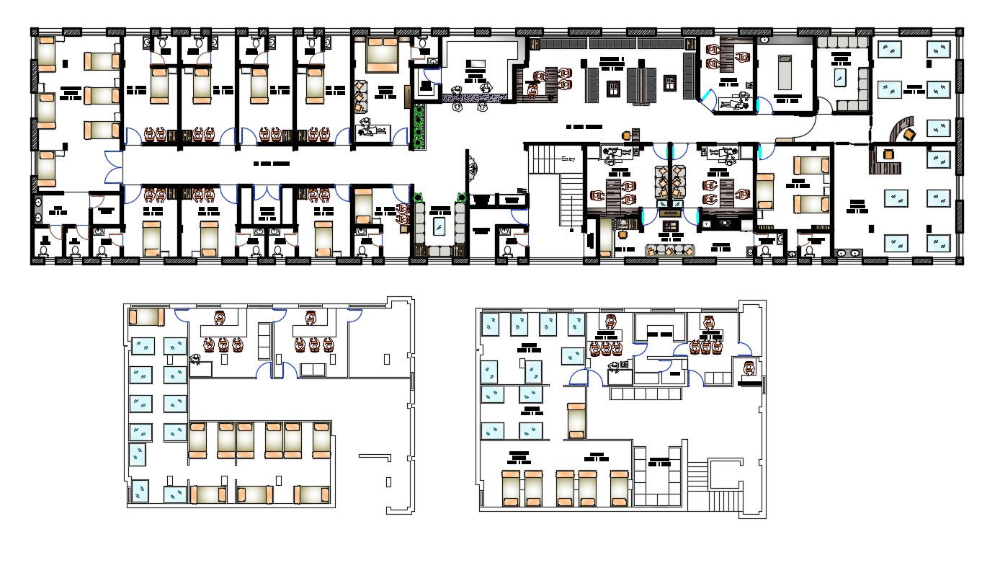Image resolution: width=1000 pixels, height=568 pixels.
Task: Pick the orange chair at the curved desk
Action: [x=909, y=133]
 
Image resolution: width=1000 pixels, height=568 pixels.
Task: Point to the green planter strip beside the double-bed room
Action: [x=418, y=125]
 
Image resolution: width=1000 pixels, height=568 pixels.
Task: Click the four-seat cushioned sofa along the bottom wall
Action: [x=669, y=250]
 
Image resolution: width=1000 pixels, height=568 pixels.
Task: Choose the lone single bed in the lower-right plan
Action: [x=576, y=421]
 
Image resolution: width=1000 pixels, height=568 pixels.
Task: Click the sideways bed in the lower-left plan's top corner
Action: [x=146, y=317]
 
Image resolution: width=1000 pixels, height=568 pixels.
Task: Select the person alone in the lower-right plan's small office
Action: [x=749, y=370]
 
